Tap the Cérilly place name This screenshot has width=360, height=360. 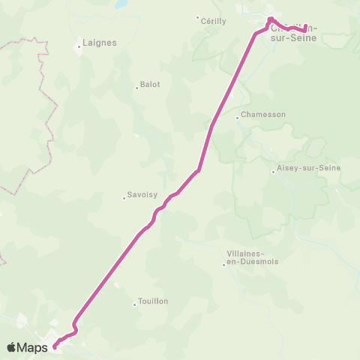[x=214, y=22]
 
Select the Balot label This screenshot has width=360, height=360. [x=150, y=85]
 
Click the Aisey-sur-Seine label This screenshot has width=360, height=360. [x=308, y=168]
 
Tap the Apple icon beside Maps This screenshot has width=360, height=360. [x=10, y=346]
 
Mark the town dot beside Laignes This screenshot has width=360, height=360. [x=79, y=47]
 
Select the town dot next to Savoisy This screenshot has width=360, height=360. [x=124, y=198]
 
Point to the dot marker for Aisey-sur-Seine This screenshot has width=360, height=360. [x=273, y=172]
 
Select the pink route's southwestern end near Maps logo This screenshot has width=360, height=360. [x=55, y=346]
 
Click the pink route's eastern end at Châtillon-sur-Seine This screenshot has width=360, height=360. [x=305, y=29]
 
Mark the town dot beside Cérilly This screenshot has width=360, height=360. [x=197, y=18]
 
